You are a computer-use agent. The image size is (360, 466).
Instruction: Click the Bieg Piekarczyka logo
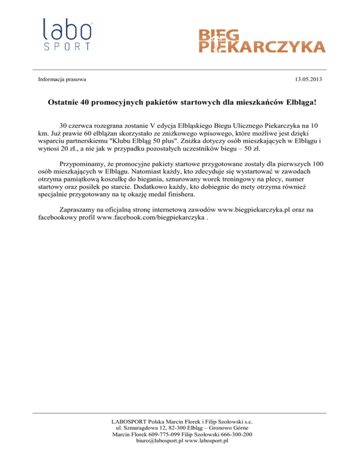coord(261,41)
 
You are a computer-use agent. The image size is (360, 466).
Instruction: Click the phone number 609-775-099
coord(162,435)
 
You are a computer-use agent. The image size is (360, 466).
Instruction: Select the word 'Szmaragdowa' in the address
coord(139,428)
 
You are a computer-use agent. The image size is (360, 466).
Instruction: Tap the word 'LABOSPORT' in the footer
coord(128,421)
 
